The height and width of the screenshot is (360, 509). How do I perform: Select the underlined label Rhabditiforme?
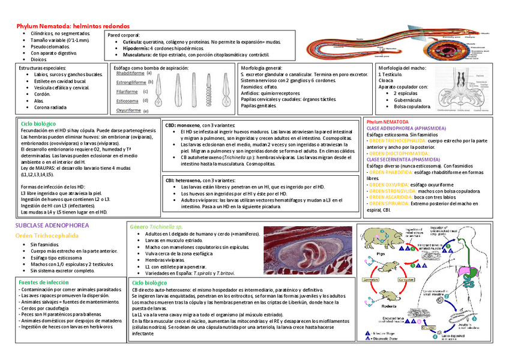(130, 74)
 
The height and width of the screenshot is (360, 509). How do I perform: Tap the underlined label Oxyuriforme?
(128, 110)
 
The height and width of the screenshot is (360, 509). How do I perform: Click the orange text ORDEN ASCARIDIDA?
(391, 197)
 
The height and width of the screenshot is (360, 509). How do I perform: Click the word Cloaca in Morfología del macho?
(386, 80)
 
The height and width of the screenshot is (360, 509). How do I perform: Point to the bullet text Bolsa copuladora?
(412, 106)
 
